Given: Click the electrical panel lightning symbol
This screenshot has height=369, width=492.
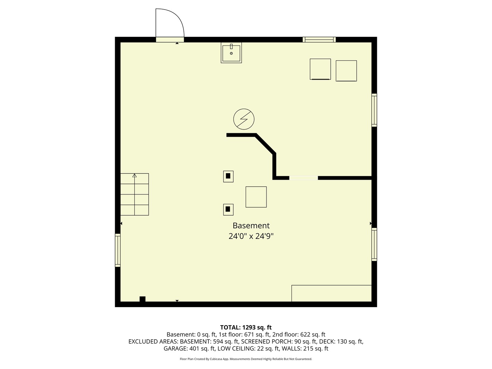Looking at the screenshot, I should [244, 119].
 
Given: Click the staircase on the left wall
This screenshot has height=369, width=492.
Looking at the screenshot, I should [135, 194].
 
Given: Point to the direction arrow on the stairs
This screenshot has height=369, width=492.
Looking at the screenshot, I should [135, 176].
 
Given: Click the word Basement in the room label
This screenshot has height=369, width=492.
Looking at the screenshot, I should [251, 225].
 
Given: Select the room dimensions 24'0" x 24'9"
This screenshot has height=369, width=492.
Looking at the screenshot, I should [251, 236].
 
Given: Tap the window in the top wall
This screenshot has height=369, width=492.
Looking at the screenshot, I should [319, 40].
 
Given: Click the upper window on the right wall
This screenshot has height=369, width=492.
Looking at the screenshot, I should [374, 110].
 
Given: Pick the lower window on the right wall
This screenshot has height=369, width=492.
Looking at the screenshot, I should [374, 244].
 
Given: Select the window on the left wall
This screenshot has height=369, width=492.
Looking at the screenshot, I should [118, 250].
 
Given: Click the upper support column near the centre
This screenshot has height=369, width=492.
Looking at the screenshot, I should [228, 176].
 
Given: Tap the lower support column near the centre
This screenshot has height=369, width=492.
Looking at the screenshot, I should [228, 209].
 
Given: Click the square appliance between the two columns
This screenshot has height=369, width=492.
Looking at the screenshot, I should [256, 197].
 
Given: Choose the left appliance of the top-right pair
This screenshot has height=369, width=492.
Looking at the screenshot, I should [320, 69].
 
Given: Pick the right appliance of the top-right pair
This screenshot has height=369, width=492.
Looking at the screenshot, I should [346, 71].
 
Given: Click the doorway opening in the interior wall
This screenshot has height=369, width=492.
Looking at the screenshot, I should [303, 178].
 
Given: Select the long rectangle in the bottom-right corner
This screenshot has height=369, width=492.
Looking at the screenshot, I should [331, 293].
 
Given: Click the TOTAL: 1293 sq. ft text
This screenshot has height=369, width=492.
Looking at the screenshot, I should [246, 327].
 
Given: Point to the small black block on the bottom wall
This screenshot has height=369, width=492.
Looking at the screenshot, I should [142, 299].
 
